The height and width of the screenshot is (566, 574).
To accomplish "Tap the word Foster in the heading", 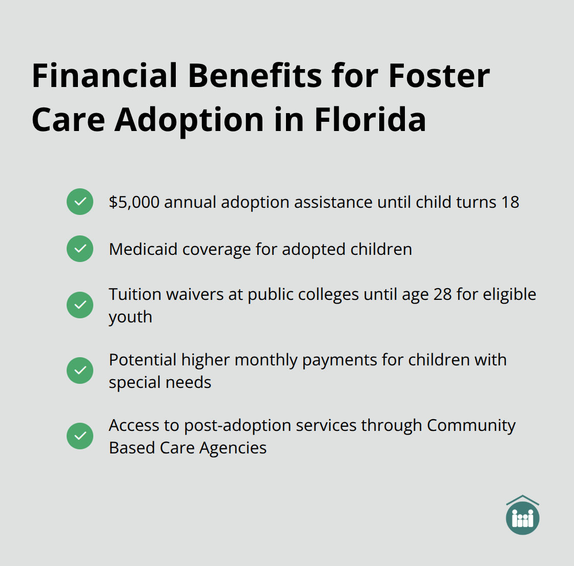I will [x=439, y=76].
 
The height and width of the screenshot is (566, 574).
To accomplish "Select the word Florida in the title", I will [x=370, y=120].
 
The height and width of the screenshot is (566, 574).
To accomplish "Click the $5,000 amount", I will [x=134, y=202].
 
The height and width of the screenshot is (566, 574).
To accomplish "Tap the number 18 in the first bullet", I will [x=510, y=202].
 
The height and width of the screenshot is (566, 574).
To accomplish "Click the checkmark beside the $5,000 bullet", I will [x=80, y=202].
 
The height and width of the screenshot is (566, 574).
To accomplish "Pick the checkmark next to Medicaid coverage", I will [x=80, y=249].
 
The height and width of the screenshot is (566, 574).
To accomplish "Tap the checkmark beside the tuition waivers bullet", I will [x=80, y=305].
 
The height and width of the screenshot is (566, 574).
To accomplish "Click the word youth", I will [x=130, y=317].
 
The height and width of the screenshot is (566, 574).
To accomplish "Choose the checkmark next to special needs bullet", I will [x=80, y=371].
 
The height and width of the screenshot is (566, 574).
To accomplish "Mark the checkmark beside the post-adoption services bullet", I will [x=80, y=436].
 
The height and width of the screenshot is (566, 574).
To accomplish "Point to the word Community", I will [x=471, y=425].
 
